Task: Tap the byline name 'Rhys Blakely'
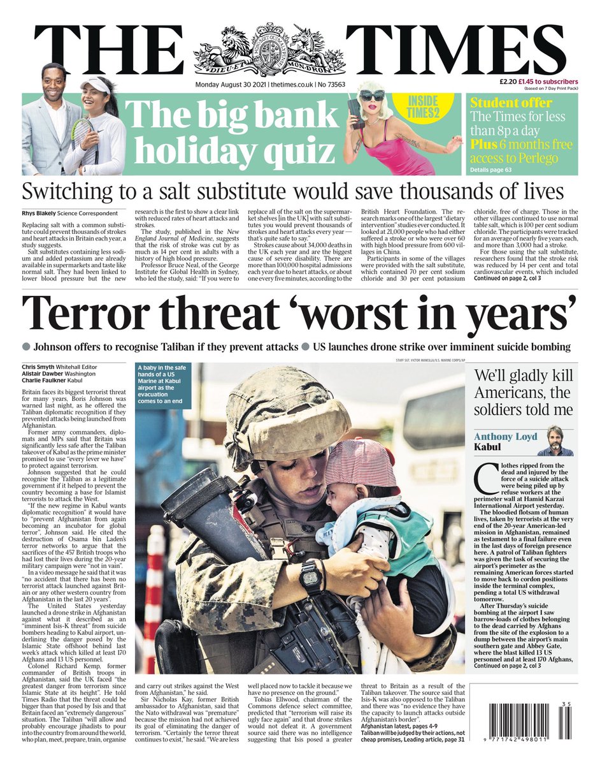[43, 213]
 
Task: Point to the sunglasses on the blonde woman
[372, 95]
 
